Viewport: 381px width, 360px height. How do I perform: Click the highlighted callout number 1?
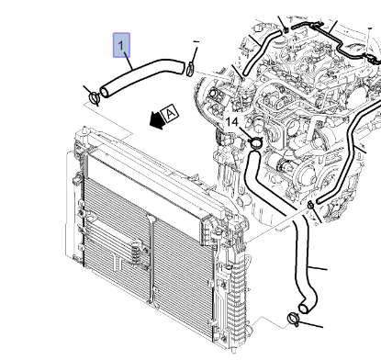[121, 45]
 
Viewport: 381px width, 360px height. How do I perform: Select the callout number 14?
[231, 122]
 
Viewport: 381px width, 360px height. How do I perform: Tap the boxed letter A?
[171, 114]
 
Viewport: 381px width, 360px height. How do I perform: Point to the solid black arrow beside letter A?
[157, 120]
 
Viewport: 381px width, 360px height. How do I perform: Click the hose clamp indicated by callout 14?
[255, 142]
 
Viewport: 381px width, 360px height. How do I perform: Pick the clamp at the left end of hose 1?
[94, 98]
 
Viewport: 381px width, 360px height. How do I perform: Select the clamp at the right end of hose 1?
[190, 69]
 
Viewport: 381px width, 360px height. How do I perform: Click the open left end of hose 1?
[105, 92]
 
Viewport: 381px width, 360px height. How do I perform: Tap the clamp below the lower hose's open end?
[293, 319]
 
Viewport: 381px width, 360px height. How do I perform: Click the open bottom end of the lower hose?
[303, 309]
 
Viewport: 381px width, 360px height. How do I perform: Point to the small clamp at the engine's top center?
[286, 30]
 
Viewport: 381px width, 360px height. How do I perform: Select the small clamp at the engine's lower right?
[310, 205]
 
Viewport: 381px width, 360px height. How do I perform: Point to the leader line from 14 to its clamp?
[245, 133]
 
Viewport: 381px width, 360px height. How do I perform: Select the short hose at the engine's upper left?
[261, 51]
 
